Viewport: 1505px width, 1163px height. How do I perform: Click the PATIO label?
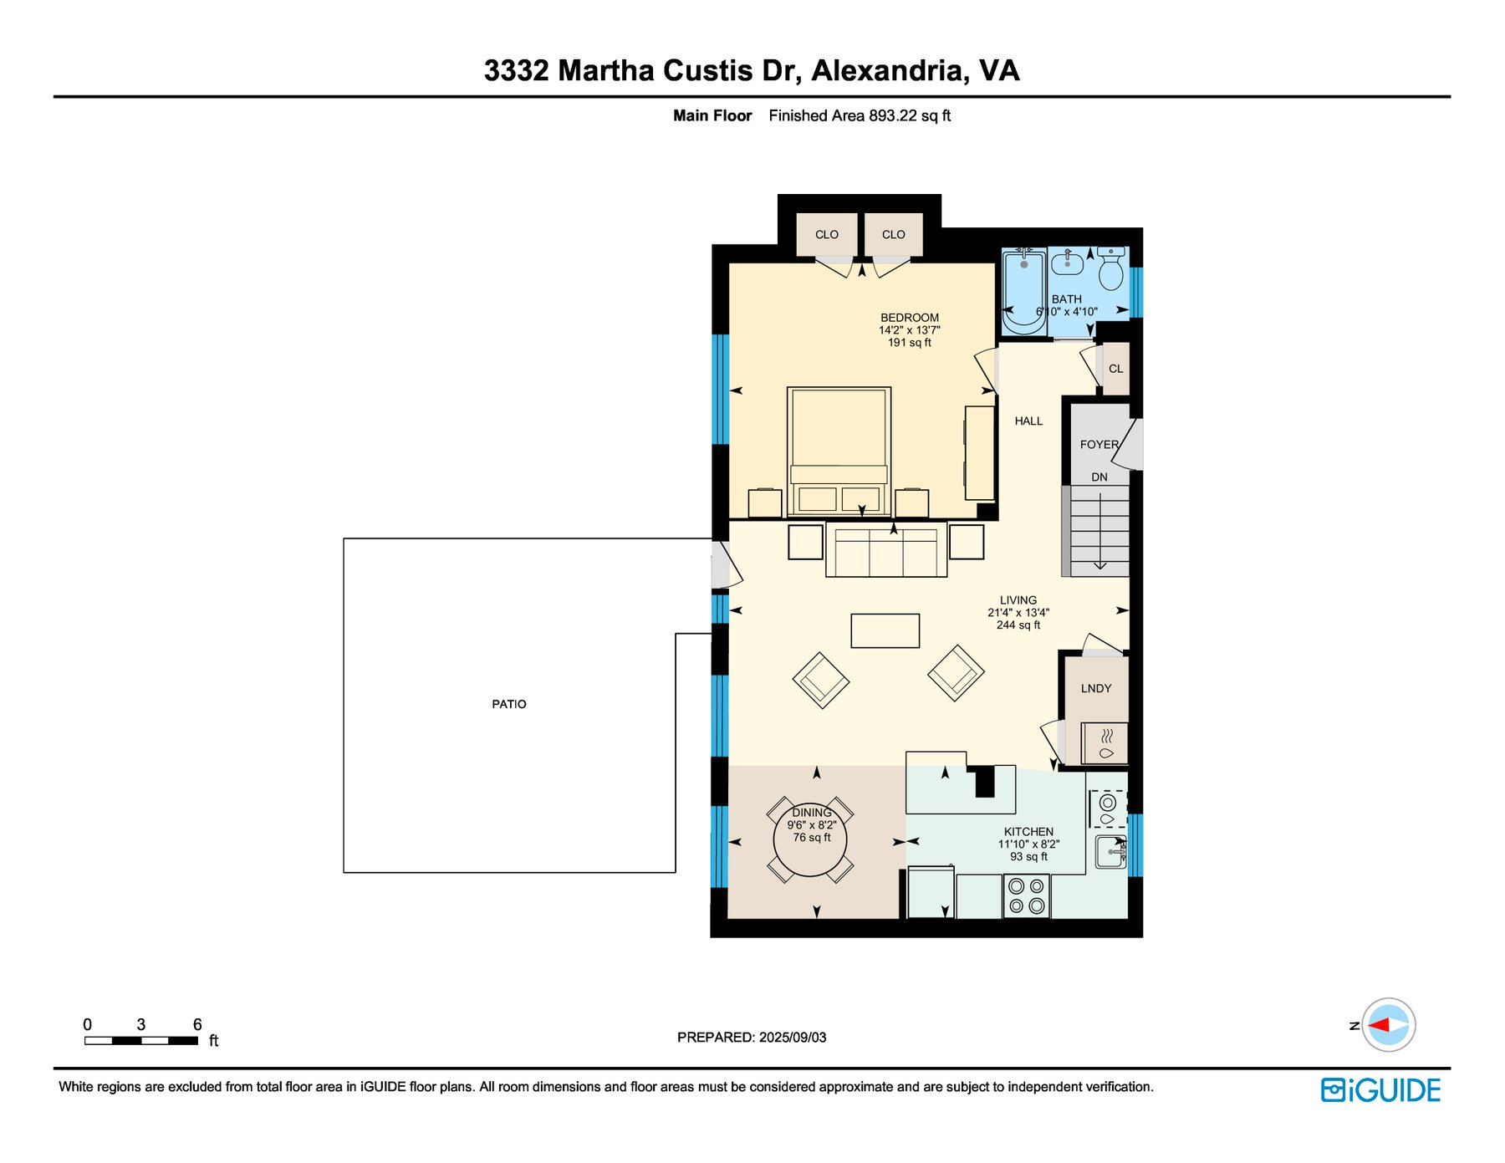pyautogui.click(x=509, y=704)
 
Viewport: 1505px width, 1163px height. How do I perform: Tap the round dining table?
pyautogui.click(x=810, y=839)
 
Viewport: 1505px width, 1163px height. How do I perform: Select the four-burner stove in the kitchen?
pyautogui.click(x=1027, y=895)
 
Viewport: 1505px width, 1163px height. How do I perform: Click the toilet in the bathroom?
pyautogui.click(x=1111, y=268)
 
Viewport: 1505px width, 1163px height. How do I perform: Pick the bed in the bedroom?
pyautogui.click(x=839, y=451)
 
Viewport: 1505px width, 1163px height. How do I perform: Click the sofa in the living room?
pyautogui.click(x=886, y=549)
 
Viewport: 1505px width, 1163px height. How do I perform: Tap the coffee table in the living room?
pyautogui.click(x=885, y=630)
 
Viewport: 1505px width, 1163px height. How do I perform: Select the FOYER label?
pyautogui.click(x=1099, y=445)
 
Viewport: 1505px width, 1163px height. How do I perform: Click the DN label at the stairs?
pyautogui.click(x=1099, y=477)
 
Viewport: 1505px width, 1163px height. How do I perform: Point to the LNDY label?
pyautogui.click(x=1096, y=688)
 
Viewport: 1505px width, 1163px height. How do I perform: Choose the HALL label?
pyautogui.click(x=1028, y=421)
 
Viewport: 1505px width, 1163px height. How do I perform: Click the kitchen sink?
pyautogui.click(x=1111, y=851)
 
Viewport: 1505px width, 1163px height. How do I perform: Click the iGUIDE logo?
pyautogui.click(x=1380, y=1090)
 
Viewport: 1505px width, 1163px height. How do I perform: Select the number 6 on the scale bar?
pyautogui.click(x=197, y=1024)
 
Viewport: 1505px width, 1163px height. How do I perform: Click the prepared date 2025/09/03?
pyautogui.click(x=793, y=1038)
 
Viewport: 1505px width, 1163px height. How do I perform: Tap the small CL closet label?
pyautogui.click(x=1116, y=369)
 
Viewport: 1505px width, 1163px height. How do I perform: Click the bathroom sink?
pyautogui.click(x=1068, y=264)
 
